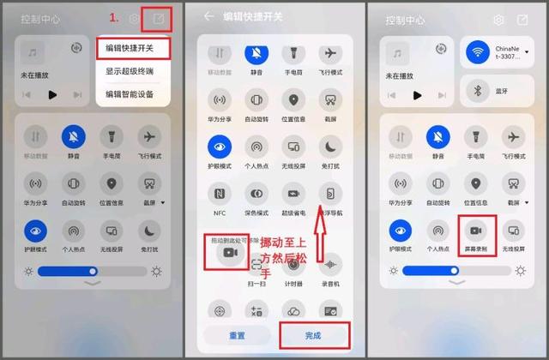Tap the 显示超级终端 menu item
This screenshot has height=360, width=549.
coord(130,71)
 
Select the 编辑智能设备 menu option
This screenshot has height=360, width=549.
coord(130,93)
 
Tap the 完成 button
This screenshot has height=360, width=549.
coord(313,335)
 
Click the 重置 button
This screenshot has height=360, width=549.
coord(237,335)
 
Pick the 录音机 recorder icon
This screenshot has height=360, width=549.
coord(329,265)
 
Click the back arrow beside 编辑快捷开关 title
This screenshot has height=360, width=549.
coord(208,16)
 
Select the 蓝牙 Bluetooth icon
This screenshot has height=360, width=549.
coord(478,90)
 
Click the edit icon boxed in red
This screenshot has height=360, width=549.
coord(158,18)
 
